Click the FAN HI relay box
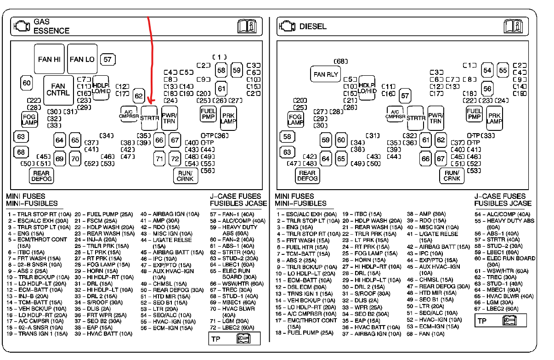coord(49,59)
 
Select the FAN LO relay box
coord(82,59)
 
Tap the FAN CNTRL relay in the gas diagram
coord(58,89)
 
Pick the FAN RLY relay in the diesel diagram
coord(326,74)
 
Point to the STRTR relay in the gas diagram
coord(150,118)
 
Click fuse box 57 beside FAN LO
coord(107,59)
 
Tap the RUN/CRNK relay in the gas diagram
coord(185,176)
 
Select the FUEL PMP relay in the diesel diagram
coord(474,114)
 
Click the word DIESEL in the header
coord(313,26)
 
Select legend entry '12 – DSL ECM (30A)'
coord(301,287)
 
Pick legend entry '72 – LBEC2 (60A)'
coord(232,327)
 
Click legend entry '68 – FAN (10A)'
coord(425,333)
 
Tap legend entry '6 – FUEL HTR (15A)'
coord(303,247)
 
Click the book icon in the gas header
coord(248,26)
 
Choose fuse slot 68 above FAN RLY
coord(341,61)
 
